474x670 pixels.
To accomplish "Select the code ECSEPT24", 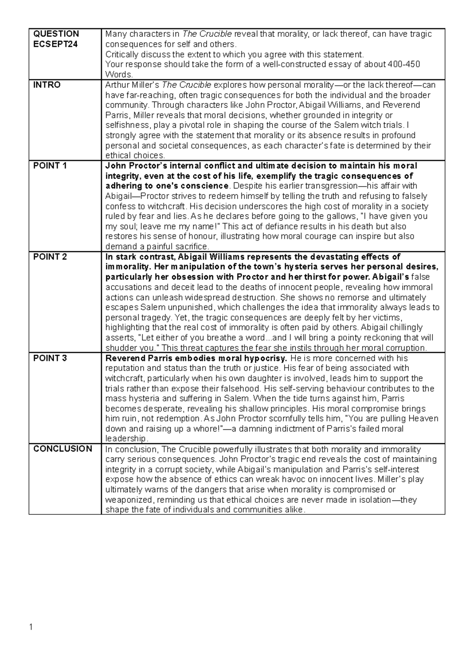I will [x=55, y=44].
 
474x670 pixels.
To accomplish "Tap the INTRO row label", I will [x=47, y=85].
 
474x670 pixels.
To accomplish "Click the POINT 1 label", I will [x=50, y=166].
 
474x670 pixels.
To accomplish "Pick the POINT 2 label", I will [x=50, y=257].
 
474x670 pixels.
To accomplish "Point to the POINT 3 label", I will [x=50, y=358].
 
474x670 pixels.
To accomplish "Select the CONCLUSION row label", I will [x=62, y=449].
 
